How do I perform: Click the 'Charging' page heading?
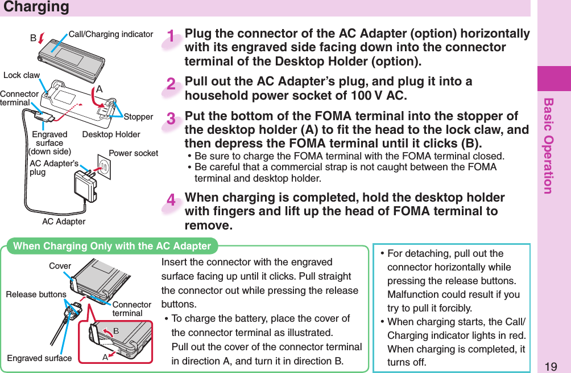pos(36,7)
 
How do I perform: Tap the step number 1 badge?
pos(171,38)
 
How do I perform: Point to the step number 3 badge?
pos(171,120)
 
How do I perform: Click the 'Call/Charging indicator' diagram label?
pos(111,34)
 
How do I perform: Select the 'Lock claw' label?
pos(22,75)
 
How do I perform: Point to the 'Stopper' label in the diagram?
pos(139,117)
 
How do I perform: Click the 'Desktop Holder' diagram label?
pos(111,135)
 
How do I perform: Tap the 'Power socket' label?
pos(133,153)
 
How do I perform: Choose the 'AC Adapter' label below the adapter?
pos(64,222)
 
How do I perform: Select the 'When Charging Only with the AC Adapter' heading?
pos(112,246)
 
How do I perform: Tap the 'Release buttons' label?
pos(36,294)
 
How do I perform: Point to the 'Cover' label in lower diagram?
pos(60,266)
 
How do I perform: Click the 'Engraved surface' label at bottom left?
pos(39,358)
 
